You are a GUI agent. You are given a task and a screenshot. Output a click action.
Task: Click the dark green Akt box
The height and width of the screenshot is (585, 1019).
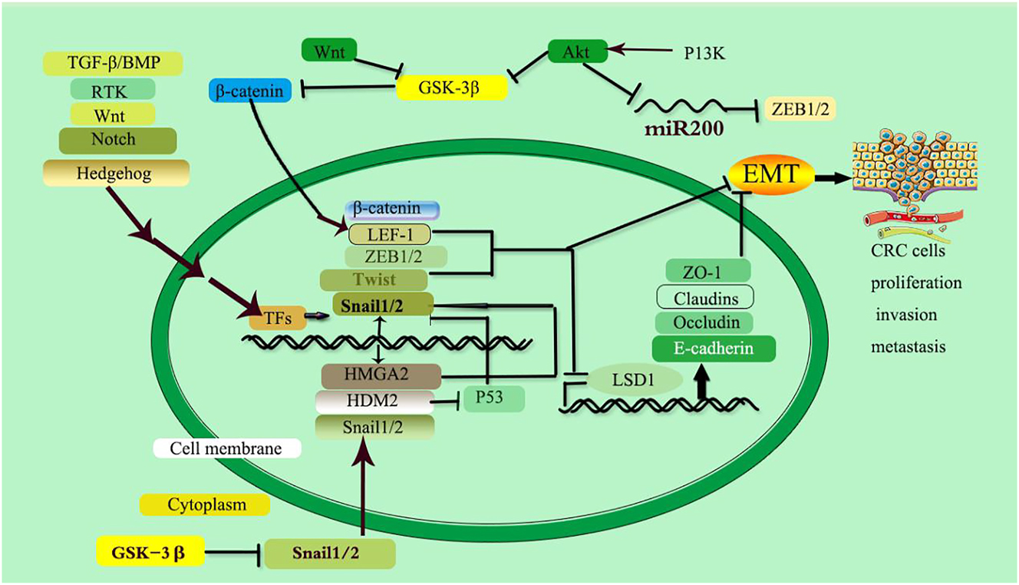578,51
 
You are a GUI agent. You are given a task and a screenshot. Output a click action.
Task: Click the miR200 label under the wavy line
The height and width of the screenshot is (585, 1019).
684,129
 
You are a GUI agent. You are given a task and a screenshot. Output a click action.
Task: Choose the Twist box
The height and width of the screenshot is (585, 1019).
374,279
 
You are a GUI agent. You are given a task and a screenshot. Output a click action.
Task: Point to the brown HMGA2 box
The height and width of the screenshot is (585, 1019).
381,376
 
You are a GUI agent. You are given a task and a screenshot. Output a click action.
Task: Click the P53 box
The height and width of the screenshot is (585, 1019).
493,399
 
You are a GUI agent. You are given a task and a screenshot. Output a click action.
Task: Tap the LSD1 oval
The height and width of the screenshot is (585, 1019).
635,379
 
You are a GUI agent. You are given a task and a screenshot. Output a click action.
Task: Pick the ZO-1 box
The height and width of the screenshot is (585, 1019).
704,271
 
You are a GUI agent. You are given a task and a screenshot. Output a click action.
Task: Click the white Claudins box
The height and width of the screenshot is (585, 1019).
704,296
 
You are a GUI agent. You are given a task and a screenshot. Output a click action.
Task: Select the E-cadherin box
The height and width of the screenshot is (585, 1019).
714,349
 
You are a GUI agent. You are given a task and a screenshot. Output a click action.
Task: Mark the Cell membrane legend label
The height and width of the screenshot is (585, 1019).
227,448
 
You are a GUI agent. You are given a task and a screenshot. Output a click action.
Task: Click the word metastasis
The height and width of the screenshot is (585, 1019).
908,347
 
